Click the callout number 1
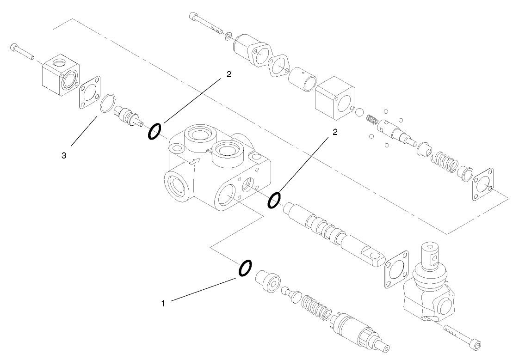pyautogui.click(x=163, y=303)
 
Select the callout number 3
pyautogui.click(x=64, y=156)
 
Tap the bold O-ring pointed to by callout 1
pyautogui.click(x=245, y=268)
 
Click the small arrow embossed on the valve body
pyautogui.click(x=196, y=161)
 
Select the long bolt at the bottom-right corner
pyautogui.click(x=463, y=336)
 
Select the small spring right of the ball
pyautogui.click(x=372, y=120)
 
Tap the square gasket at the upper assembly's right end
pyautogui.click(x=482, y=185)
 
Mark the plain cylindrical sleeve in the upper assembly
pyautogui.click(x=303, y=79)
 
